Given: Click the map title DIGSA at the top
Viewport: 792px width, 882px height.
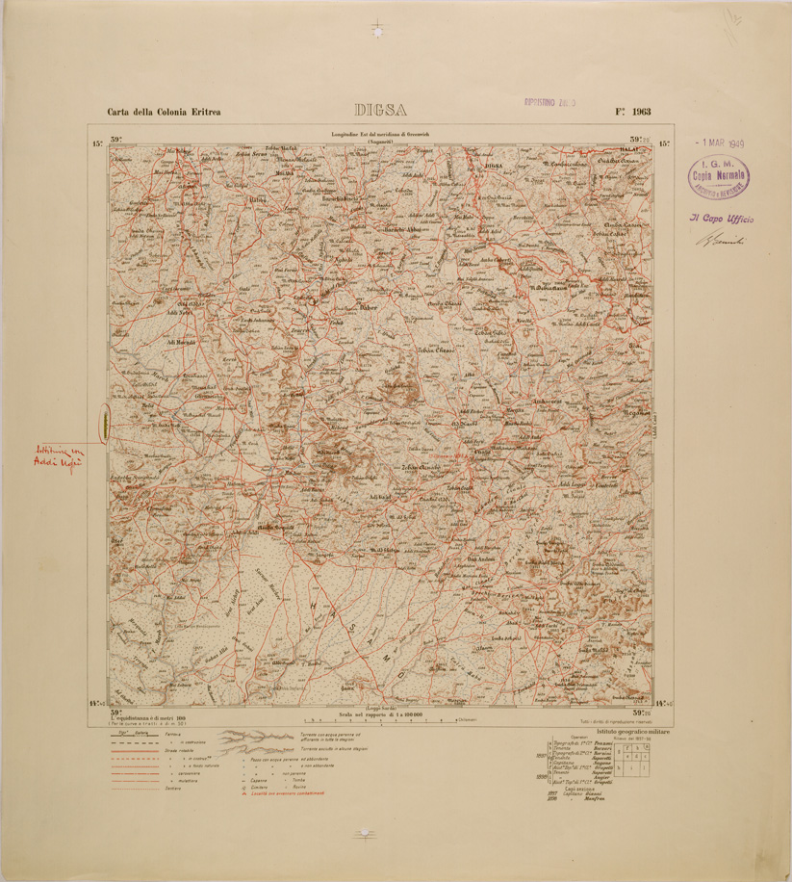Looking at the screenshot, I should pyautogui.click(x=380, y=110).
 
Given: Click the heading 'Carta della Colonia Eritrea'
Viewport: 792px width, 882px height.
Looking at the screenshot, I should pyautogui.click(x=164, y=112).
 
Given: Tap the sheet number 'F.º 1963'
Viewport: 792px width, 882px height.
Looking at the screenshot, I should pyautogui.click(x=632, y=112).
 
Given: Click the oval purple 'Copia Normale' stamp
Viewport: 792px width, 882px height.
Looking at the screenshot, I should pyautogui.click(x=719, y=176).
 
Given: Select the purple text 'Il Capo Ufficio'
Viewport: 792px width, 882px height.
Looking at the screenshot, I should pyautogui.click(x=721, y=219).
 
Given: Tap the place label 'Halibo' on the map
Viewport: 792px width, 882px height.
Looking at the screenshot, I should pyautogui.click(x=257, y=199).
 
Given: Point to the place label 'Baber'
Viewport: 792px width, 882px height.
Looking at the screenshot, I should pyautogui.click(x=369, y=309).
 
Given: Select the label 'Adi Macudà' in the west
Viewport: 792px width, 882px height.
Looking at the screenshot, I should pyautogui.click(x=180, y=341).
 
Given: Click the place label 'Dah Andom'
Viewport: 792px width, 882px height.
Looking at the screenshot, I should pyautogui.click(x=480, y=559).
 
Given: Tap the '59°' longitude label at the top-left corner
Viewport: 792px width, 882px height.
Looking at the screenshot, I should pyautogui.click(x=116, y=140).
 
